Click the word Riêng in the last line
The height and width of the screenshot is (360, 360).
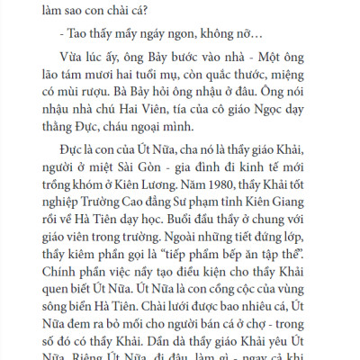tap(94, 356)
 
